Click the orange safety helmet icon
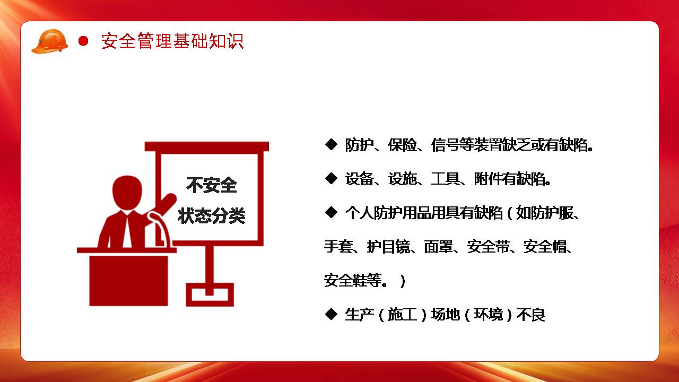[50, 41]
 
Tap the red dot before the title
[83, 41]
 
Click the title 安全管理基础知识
[172, 41]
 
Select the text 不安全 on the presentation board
[212, 185]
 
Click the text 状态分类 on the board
[212, 215]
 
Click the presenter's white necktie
[127, 230]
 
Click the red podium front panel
[128, 281]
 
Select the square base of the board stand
[210, 294]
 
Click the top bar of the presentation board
[207, 146]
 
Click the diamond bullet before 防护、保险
[331, 145]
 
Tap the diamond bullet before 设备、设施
[331, 179]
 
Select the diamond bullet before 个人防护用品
[331, 213]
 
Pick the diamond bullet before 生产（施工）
[331, 315]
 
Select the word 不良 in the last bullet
[531, 315]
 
